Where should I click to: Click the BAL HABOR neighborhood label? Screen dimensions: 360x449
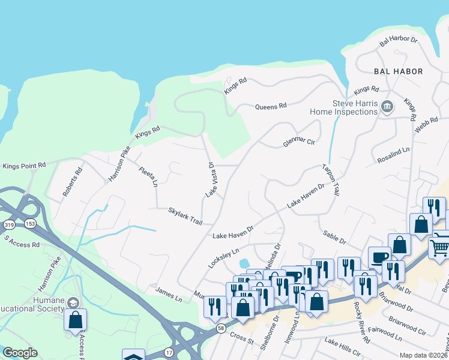coord(398,71)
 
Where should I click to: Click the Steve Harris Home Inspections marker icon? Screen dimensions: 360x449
coord(387,107)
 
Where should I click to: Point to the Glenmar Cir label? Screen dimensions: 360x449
coord(299,142)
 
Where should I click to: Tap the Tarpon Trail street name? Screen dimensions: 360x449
coord(331,180)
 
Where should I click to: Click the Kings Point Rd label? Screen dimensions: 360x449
coord(24,166)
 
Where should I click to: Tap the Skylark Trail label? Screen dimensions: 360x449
coord(185,216)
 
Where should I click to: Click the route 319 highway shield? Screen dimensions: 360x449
coord(7,224)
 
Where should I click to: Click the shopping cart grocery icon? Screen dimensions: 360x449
coord(439,246)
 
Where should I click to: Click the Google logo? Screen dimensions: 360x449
coord(20,353)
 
